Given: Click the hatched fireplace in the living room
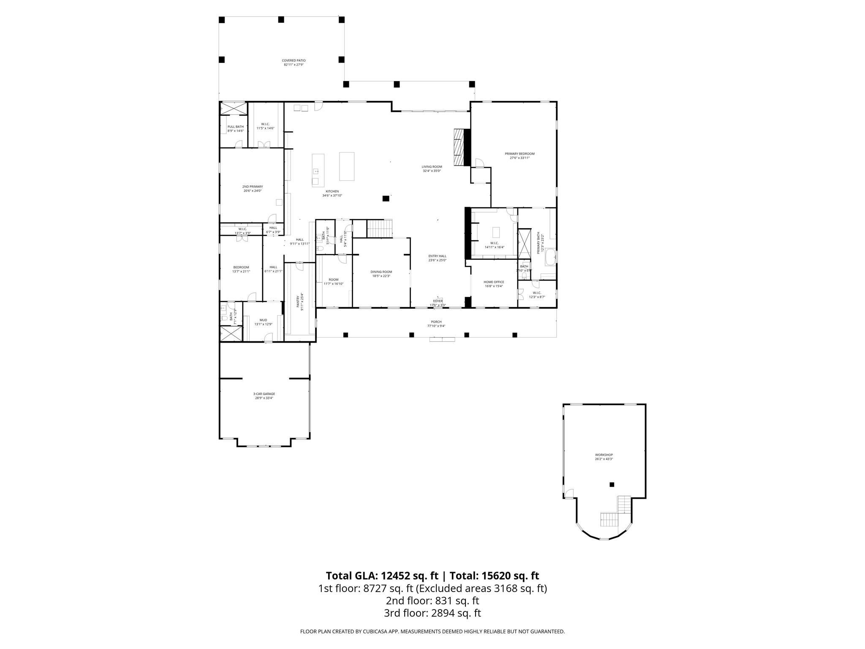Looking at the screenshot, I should (x=459, y=147).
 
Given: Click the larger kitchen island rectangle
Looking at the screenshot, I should (x=347, y=166).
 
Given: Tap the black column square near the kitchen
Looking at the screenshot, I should (x=386, y=198).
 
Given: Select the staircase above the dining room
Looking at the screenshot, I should (x=379, y=229).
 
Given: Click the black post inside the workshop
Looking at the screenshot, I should (x=612, y=485).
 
